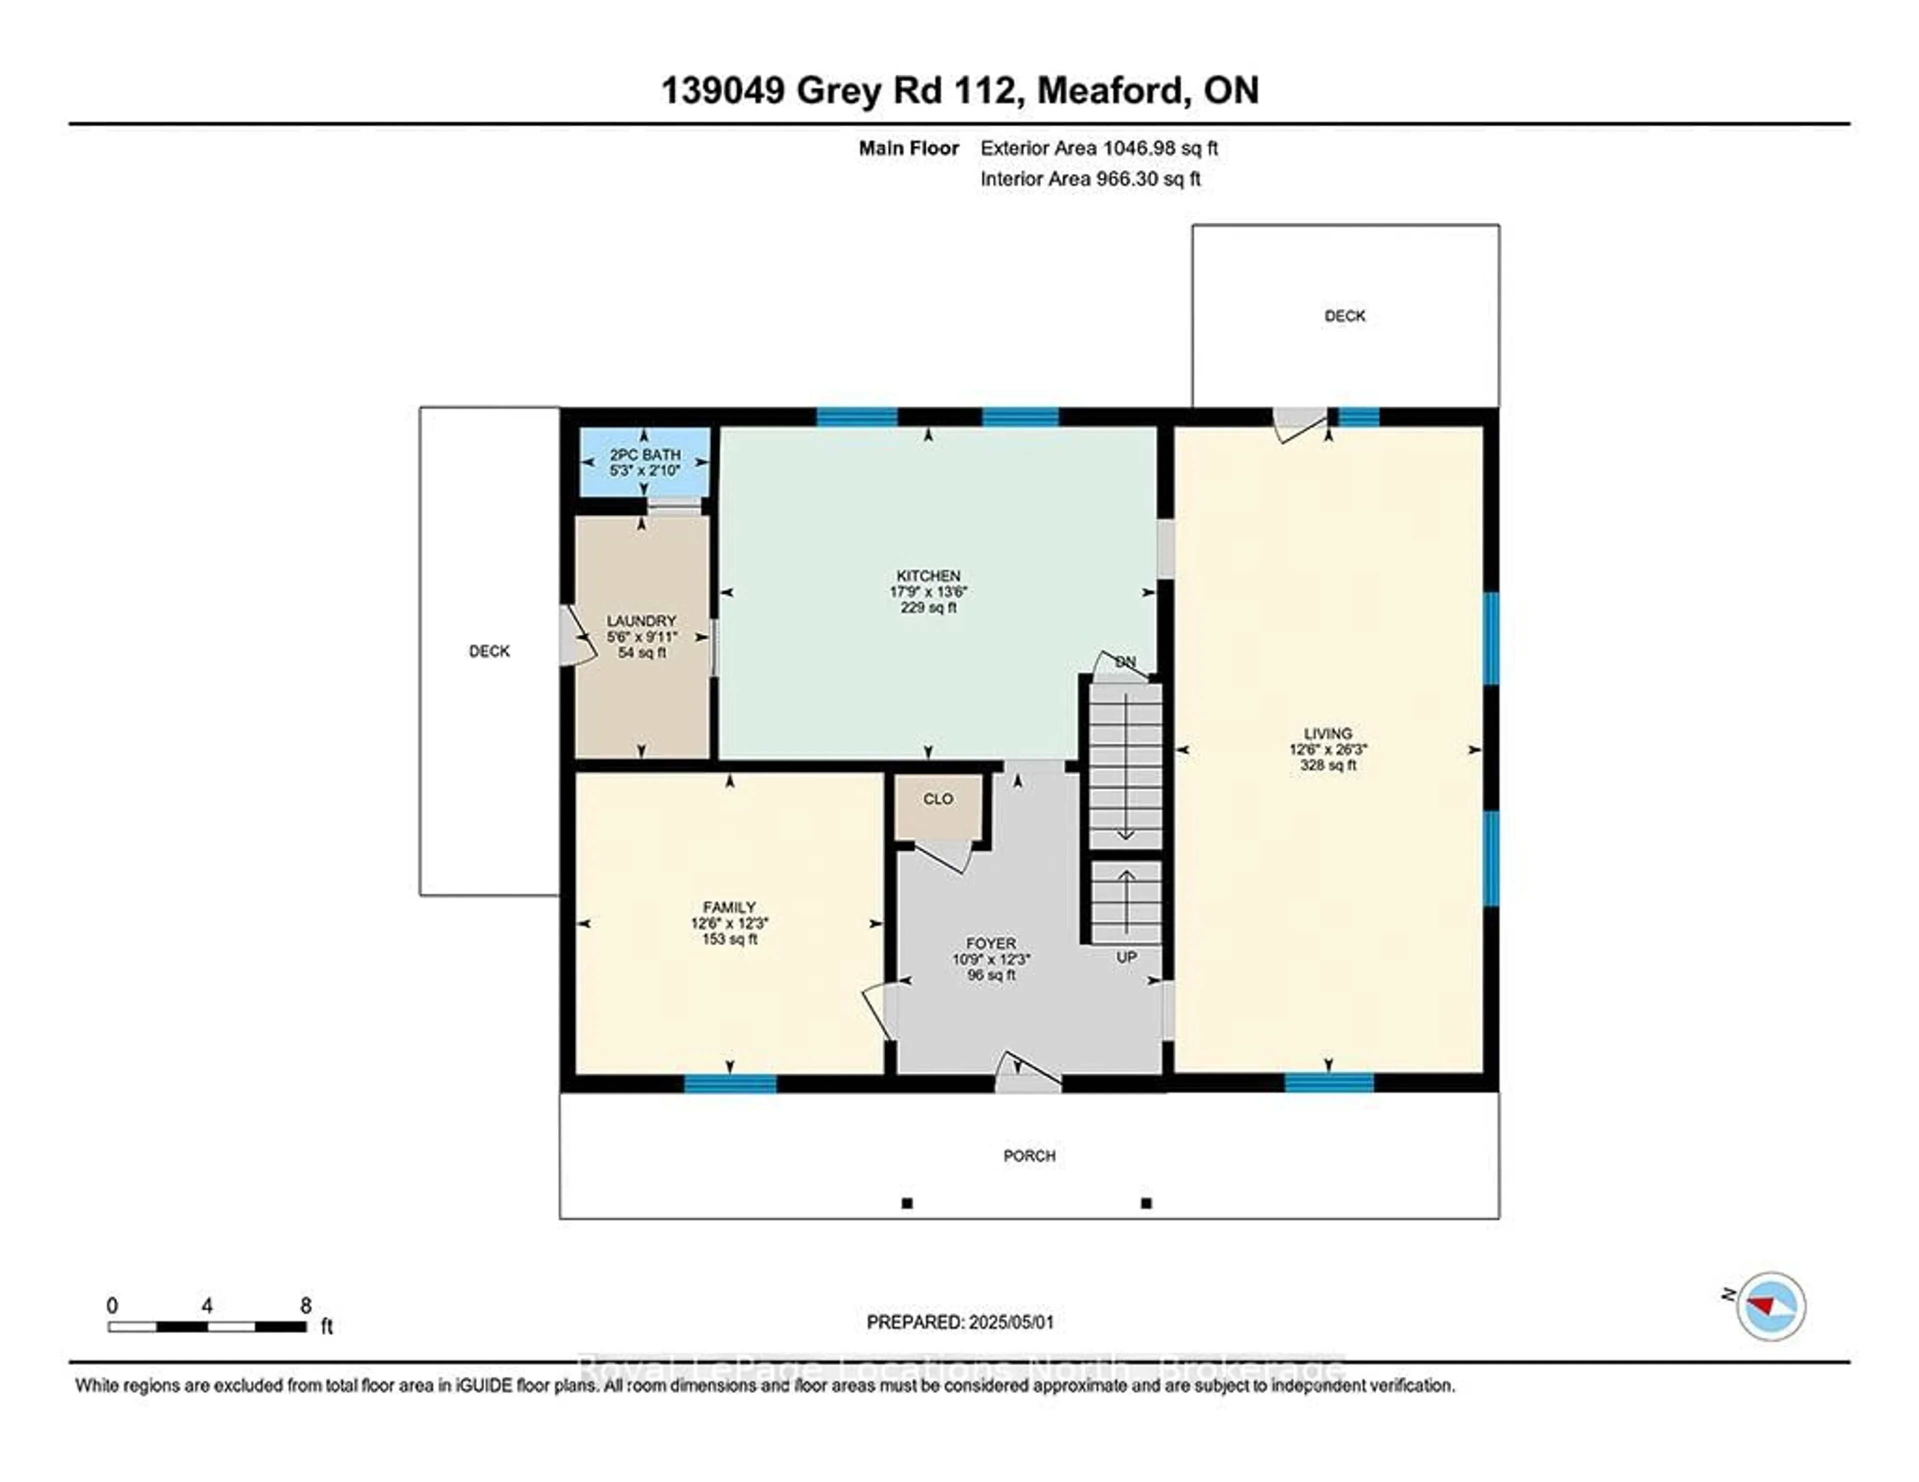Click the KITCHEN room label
(928, 576)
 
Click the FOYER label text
(990, 943)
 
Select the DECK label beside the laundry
(489, 651)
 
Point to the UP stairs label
(1125, 957)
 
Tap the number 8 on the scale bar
(306, 1306)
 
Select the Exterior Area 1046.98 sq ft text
(1098, 148)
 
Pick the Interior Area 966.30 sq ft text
(1089, 179)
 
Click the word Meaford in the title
(1110, 90)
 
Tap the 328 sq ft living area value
(1328, 765)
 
